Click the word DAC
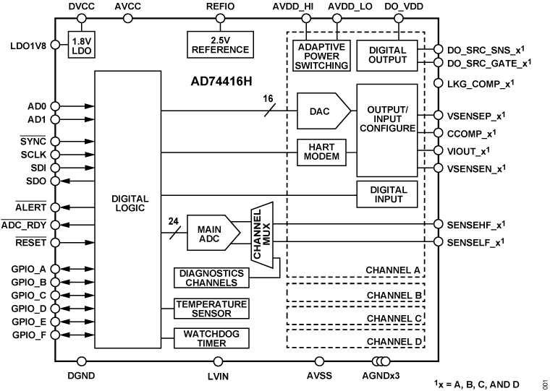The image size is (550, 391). (319, 111)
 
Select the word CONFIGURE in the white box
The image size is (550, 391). (387, 128)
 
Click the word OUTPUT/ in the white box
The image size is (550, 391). (387, 110)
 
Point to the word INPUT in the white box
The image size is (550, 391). (387, 119)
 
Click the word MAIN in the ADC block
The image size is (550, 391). (209, 229)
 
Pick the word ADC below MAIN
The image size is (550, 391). (208, 238)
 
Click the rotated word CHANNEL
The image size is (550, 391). (257, 235)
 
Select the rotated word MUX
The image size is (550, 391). (266, 235)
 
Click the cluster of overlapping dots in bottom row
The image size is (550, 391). (381, 361)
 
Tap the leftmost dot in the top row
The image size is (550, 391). (82, 18)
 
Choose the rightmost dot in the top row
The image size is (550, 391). (399, 18)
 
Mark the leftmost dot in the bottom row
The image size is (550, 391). (82, 361)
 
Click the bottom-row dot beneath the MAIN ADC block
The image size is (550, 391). (218, 361)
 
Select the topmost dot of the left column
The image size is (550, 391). (55, 45)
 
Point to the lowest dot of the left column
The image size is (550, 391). (55, 335)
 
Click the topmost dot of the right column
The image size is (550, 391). (438, 49)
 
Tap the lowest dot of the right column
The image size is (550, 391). (438, 241)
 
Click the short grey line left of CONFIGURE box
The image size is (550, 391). (351, 152)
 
